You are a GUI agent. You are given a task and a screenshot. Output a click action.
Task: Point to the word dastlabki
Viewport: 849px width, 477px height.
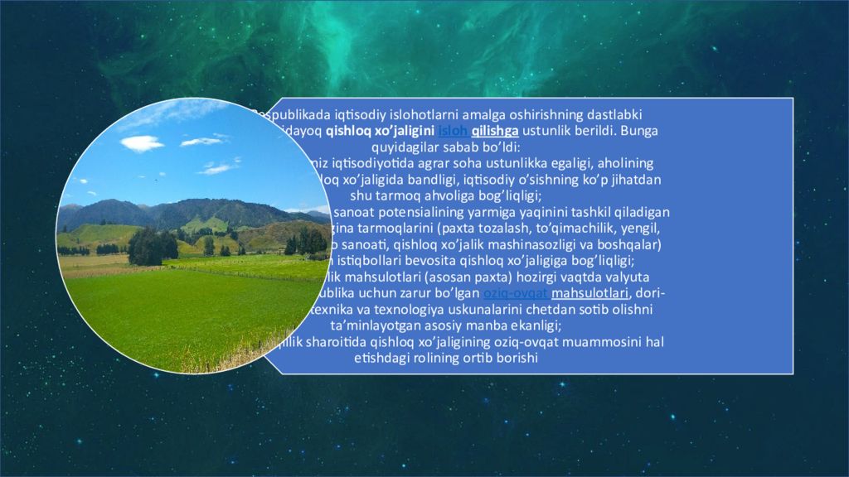[x=614, y=114]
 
